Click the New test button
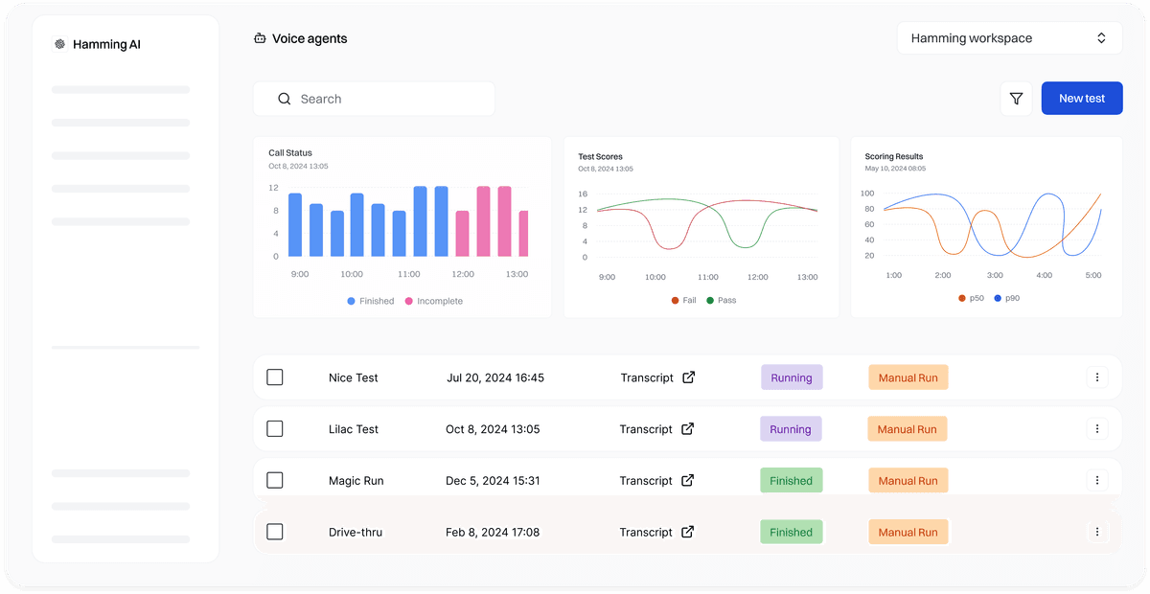coord(1081,99)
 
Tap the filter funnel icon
coord(1016,99)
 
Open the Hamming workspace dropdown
coord(1009,38)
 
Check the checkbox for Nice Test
coord(275,377)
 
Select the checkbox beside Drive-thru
coord(275,532)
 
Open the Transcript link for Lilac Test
coord(657,429)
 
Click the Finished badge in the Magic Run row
coord(791,481)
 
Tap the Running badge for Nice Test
coord(791,377)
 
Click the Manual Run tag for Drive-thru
coord(908,532)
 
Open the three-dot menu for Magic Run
coord(1097,481)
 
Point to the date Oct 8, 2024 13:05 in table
coord(493,429)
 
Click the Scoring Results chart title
coord(893,156)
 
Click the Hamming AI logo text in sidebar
coord(106,44)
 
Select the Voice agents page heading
coord(309,39)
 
